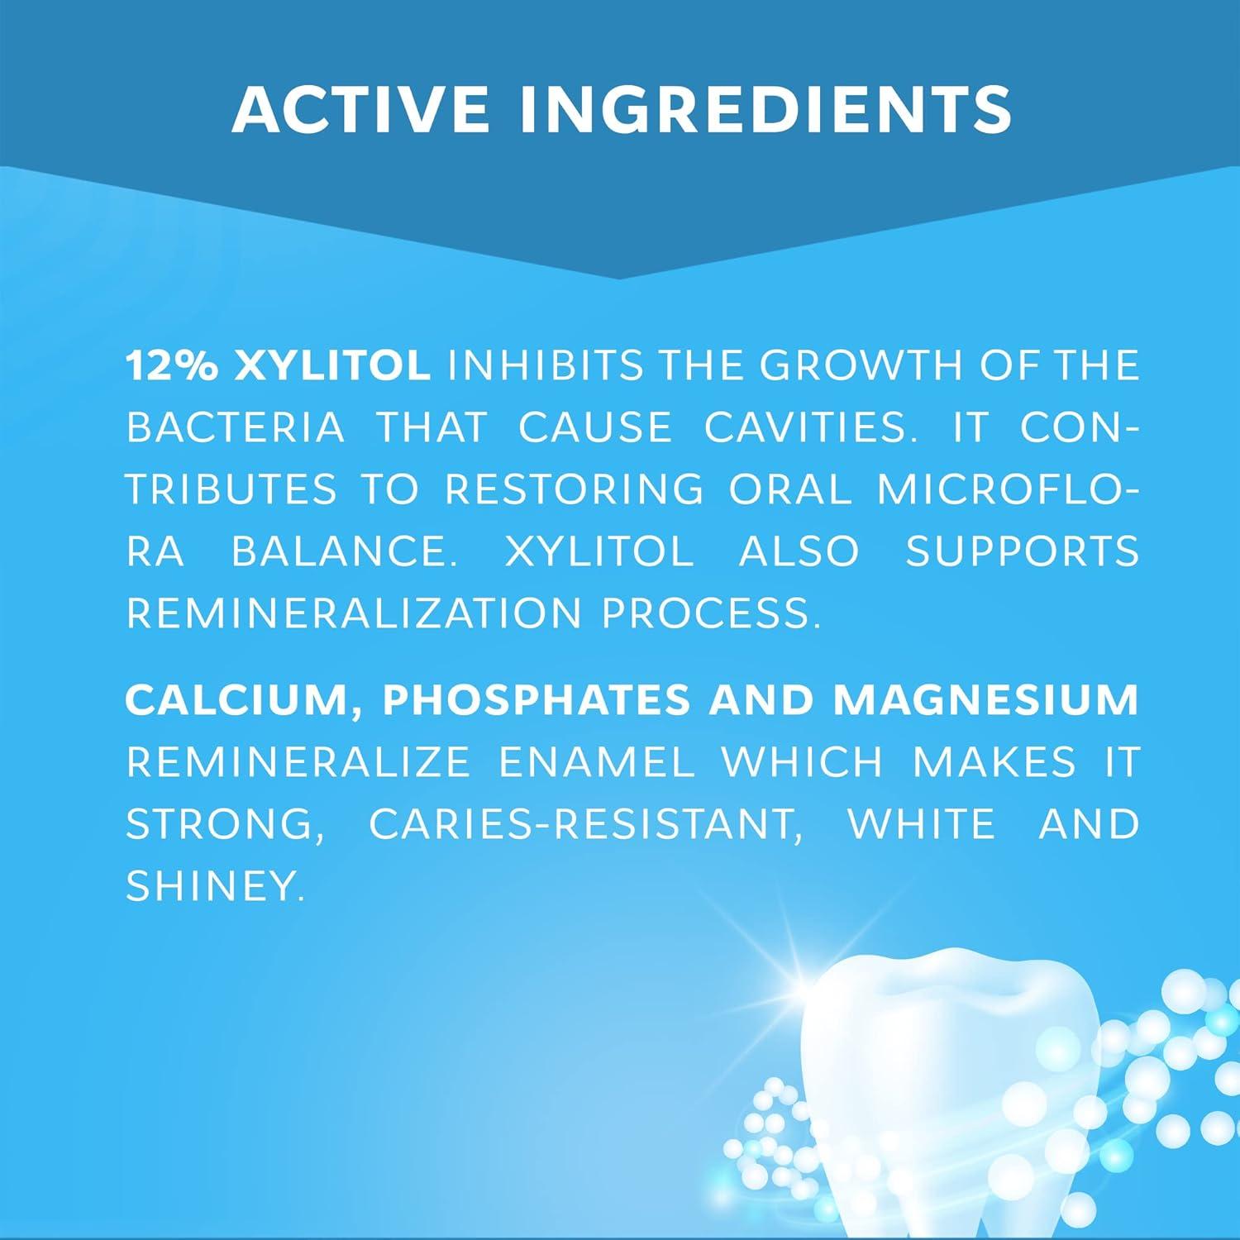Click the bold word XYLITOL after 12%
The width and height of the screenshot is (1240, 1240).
(332, 365)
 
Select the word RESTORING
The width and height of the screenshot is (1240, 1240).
(575, 489)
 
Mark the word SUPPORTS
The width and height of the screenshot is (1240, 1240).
(1023, 551)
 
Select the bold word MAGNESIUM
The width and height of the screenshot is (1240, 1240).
(986, 699)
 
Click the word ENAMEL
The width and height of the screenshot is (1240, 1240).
(597, 761)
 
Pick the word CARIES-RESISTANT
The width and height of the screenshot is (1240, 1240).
(586, 823)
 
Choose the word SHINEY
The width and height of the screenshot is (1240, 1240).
(210, 885)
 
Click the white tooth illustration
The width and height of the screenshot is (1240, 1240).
(951, 1091)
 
